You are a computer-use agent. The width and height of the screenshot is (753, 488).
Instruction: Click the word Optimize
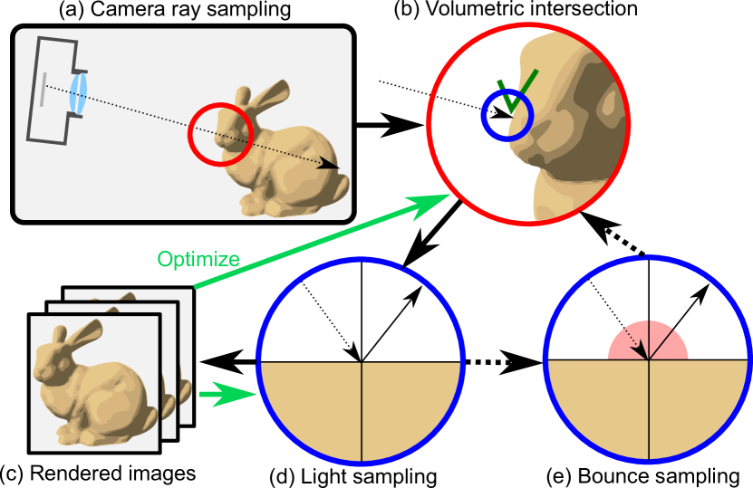tap(198, 260)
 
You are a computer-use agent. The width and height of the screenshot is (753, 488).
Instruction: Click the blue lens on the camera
tap(79, 94)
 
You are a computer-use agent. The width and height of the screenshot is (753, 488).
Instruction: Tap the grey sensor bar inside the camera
tap(42, 88)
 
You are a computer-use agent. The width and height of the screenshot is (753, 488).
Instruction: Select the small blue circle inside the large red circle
tap(506, 117)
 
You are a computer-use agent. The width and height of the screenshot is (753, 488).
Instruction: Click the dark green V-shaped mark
tap(516, 91)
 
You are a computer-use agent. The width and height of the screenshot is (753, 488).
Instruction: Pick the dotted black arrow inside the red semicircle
tap(638, 343)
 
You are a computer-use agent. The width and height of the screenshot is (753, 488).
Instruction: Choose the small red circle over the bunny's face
tap(220, 135)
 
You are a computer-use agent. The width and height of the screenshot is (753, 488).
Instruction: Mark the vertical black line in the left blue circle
tap(362, 411)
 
